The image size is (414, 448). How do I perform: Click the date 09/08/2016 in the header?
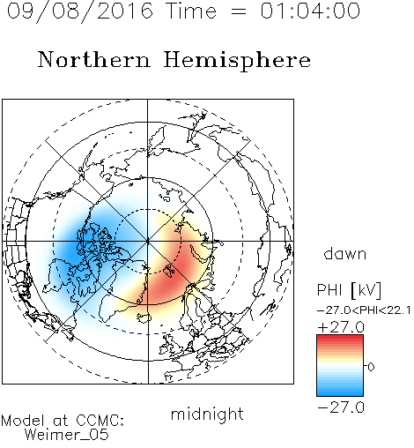pos(80,11)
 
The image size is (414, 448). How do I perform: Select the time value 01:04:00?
pos(310,11)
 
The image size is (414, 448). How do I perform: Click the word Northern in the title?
pos(94,59)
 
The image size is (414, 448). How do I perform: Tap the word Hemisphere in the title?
pos(237,61)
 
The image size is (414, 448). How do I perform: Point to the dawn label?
pos(345,253)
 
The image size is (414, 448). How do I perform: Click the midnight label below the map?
pos(207,414)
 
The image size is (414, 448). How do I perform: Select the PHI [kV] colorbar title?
pos(349,290)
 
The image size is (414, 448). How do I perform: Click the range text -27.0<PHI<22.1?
pos(364,310)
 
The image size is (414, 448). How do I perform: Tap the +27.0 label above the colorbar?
pos(341,327)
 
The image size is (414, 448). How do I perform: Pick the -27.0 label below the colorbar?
pos(341,407)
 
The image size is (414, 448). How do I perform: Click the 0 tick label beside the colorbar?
pos(371,367)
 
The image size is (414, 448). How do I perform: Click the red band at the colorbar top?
pos(340,339)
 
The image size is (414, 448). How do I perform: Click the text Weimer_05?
pos(66,435)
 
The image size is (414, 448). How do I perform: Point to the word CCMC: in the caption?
pos(100,421)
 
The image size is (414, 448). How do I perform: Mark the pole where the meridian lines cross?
pos(148,242)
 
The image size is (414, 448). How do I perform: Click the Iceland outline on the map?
pos(144,317)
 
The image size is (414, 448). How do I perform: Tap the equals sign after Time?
pos(238,11)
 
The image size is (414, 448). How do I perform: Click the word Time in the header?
pos(191,11)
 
